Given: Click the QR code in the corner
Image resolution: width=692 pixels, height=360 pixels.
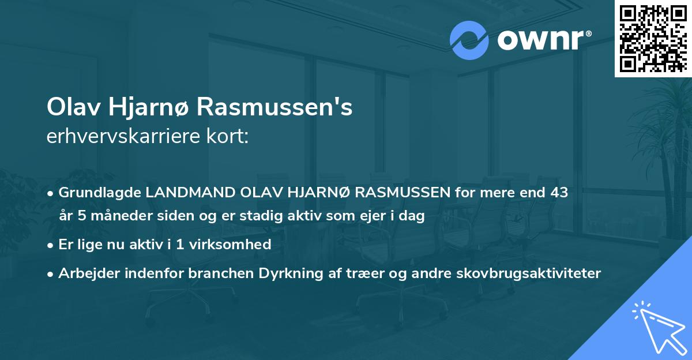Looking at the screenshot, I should click(653, 39).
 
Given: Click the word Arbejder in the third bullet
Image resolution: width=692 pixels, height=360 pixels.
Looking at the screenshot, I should click(84, 272).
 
